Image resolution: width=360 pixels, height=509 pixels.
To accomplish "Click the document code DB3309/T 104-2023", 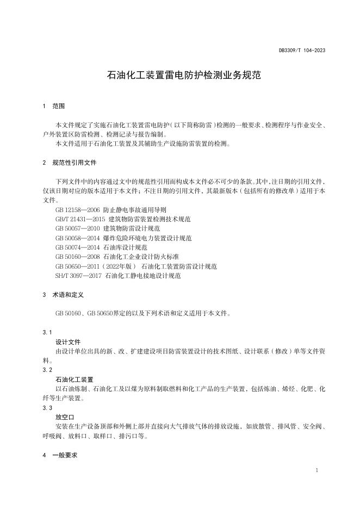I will (x=302, y=50).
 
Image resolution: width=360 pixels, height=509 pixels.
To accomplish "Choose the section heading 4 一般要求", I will (x=61, y=455).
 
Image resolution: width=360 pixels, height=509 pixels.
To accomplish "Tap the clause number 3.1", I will (x=47, y=332).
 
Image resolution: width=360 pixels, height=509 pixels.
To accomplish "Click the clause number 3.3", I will (x=47, y=407).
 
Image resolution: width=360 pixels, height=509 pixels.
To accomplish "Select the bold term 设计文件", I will (x=68, y=342).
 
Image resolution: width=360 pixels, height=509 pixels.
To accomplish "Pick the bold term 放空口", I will (x=65, y=417).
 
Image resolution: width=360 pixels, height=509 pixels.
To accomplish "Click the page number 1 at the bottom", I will (x=316, y=470).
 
